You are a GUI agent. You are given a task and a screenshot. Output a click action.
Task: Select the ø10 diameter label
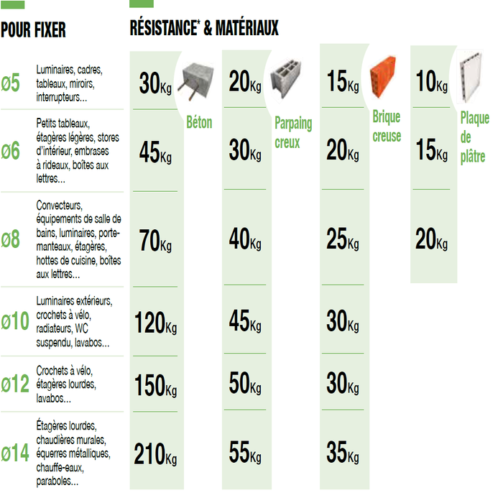click(15, 321)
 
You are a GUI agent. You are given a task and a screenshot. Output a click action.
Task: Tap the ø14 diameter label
click(15, 453)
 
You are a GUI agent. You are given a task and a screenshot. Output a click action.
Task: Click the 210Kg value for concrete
click(155, 454)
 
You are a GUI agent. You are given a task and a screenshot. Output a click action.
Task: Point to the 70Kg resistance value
click(155, 242)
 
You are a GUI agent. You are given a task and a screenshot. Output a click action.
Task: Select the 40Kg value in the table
click(245, 239)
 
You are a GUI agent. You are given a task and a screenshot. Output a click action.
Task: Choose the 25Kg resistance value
click(342, 239)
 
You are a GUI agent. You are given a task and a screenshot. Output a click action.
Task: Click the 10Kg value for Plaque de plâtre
click(431, 83)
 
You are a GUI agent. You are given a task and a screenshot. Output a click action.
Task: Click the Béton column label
click(199, 123)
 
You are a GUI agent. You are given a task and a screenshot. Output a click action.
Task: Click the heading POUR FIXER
click(33, 30)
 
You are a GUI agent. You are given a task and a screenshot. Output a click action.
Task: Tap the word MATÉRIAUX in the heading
click(243, 29)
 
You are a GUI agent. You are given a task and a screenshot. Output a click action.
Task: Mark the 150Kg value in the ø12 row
click(155, 386)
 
